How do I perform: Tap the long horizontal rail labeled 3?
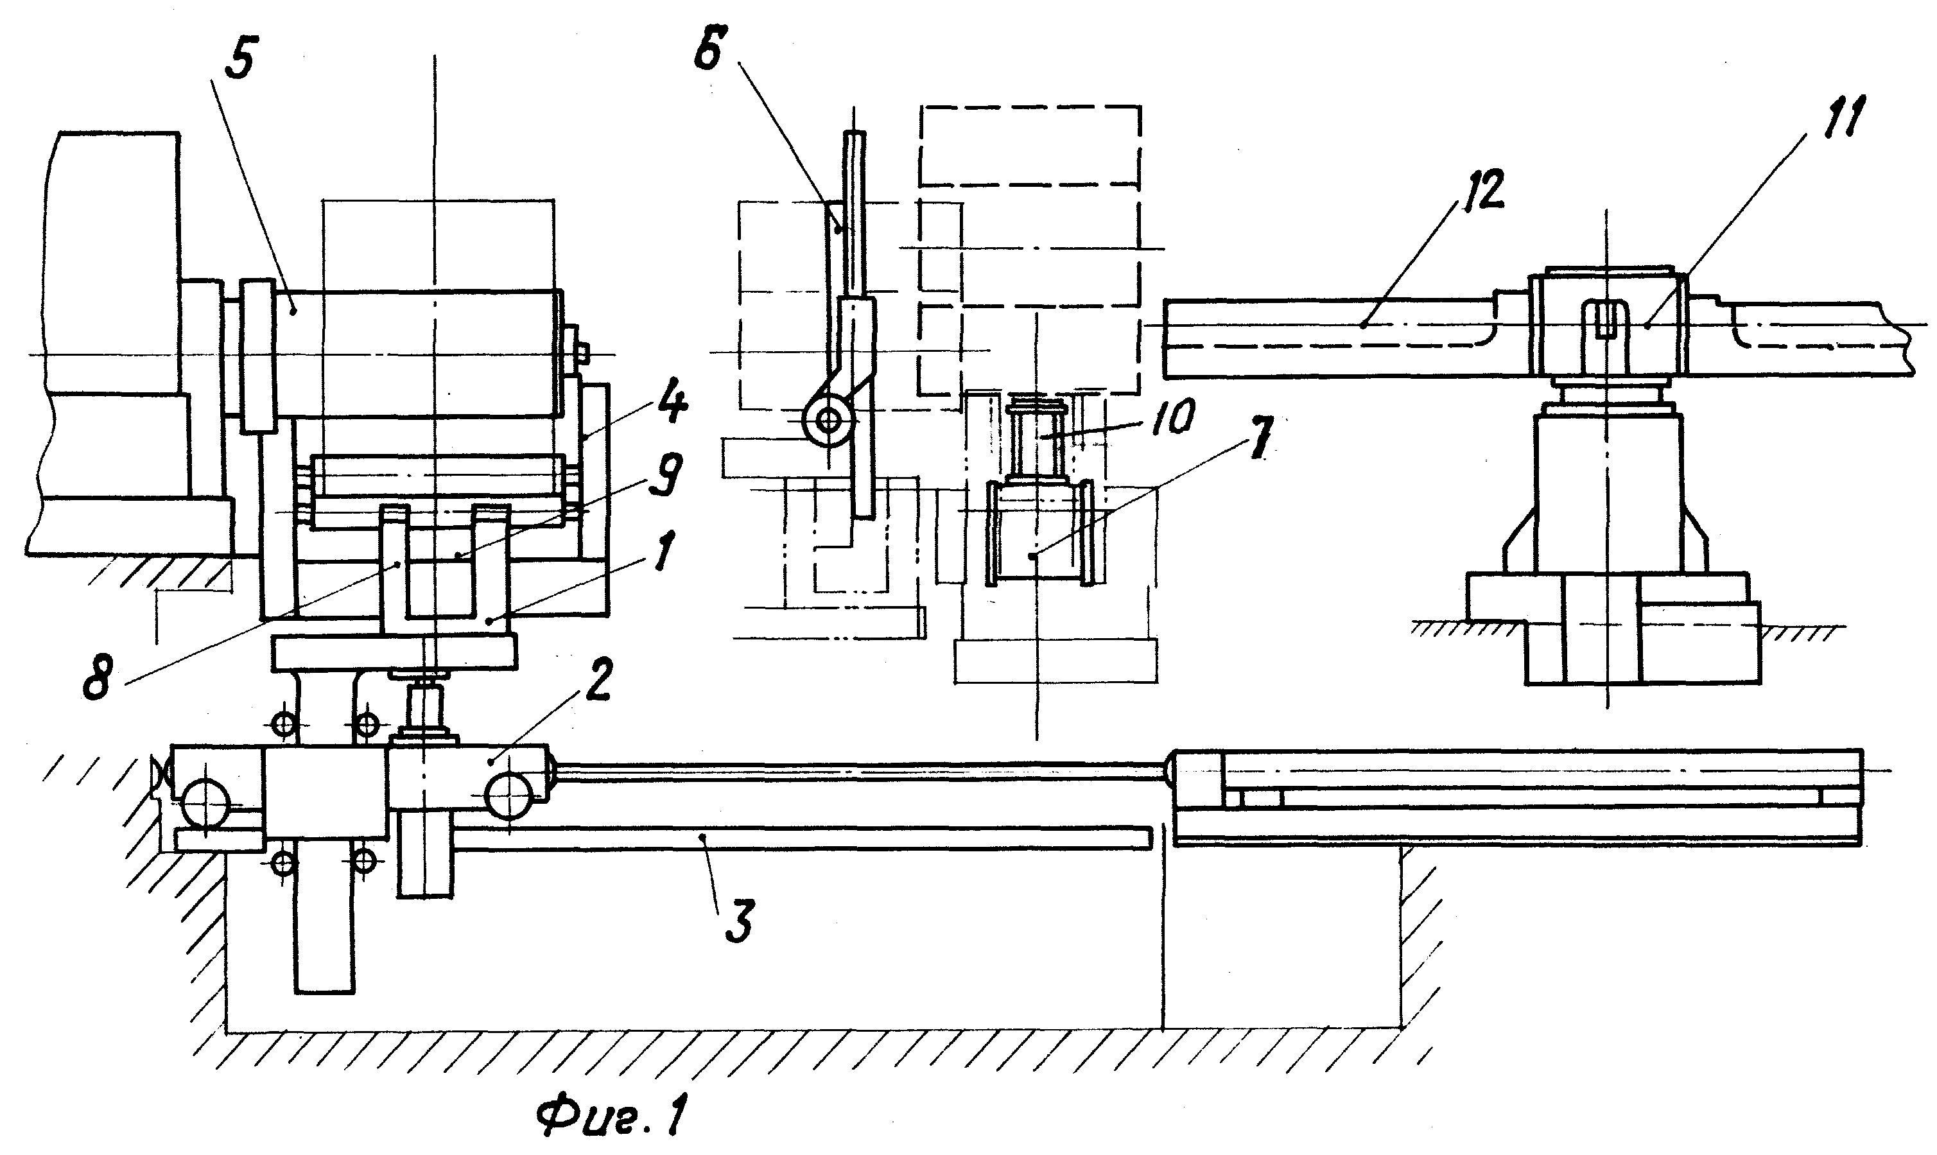[x=801, y=838]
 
